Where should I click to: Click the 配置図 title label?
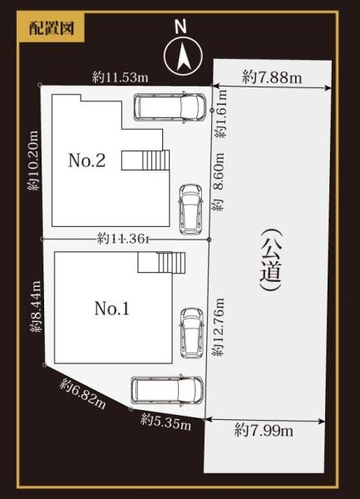[x=52, y=28]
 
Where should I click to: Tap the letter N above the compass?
[x=181, y=27]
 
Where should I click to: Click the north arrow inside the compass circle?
[x=183, y=57]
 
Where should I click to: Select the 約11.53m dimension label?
[x=121, y=77]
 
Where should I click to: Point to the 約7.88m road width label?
[x=272, y=77]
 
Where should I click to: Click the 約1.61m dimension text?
[x=220, y=114]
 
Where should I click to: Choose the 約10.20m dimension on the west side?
[x=33, y=161]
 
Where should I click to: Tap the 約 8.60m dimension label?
[x=218, y=181]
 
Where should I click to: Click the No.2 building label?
[x=86, y=160]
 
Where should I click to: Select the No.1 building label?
[x=111, y=308]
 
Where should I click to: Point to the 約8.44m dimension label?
[x=36, y=307]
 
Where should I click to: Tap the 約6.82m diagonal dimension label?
[x=82, y=393]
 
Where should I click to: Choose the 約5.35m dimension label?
[x=166, y=422]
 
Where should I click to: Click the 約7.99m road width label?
[x=264, y=431]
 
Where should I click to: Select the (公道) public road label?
[x=271, y=259]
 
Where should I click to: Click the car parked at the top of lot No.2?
[x=170, y=107]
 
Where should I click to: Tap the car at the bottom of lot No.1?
[x=167, y=391]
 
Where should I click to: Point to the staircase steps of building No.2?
[x=155, y=160]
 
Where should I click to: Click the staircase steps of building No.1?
[x=171, y=263]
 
